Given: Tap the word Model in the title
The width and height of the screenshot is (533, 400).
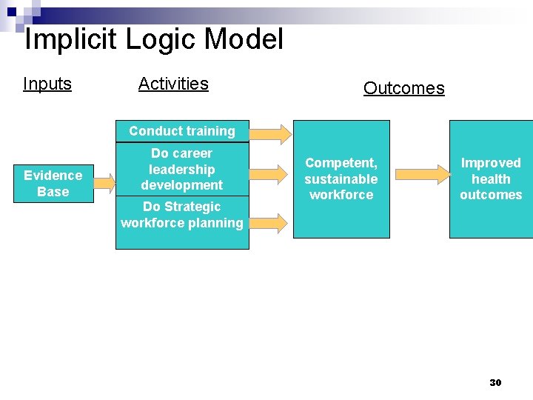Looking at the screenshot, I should click(244, 39).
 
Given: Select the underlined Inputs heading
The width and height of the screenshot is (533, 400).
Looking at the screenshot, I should click(47, 84).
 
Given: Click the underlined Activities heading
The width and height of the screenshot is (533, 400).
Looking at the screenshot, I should click(173, 84).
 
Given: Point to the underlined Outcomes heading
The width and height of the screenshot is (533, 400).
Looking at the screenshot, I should click(403, 88).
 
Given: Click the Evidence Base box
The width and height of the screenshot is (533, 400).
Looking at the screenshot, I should click(53, 184).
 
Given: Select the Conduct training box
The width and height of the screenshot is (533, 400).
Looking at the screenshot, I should click(182, 131).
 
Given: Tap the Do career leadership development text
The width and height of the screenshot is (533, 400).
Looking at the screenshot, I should click(182, 169).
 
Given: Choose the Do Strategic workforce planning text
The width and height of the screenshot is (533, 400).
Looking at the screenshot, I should click(182, 215).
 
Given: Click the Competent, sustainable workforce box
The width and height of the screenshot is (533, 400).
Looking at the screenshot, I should click(341, 179).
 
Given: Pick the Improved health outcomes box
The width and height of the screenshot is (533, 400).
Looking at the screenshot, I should click(491, 179).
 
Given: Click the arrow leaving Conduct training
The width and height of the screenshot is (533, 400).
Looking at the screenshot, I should click(271, 134).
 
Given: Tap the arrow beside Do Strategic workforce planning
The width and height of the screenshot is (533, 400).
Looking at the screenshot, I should click(271, 222).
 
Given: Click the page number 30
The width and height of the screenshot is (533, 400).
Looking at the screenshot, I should click(495, 382).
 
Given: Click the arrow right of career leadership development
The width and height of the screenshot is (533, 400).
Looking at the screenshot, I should click(271, 174).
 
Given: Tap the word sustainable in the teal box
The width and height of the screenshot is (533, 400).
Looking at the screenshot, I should click(341, 179).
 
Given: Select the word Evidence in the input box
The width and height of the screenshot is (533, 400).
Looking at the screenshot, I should click(53, 176).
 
